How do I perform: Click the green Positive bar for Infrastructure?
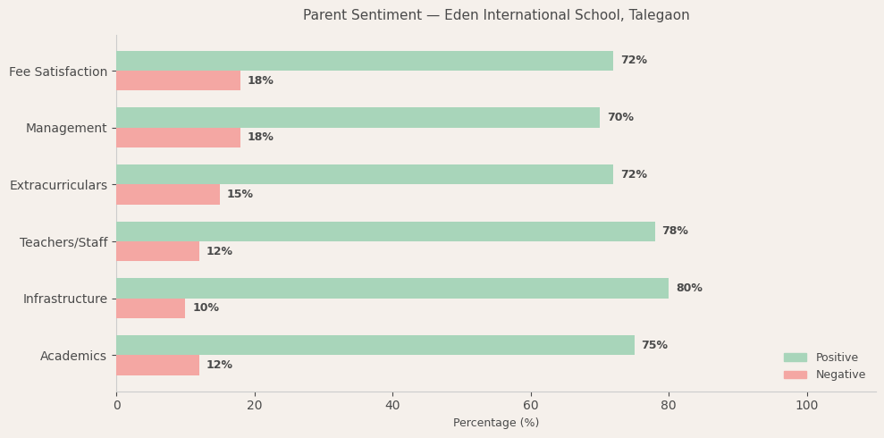pyautogui.click(x=392, y=288)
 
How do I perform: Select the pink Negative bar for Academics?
pyautogui.click(x=157, y=365)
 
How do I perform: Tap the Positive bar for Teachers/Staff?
pyautogui.click(x=385, y=232)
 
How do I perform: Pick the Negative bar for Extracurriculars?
pyautogui.click(x=168, y=194)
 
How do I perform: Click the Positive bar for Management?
pyautogui.click(x=358, y=117)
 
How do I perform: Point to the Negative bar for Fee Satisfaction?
pyautogui.click(x=178, y=80)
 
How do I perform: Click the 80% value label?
pyautogui.click(x=689, y=288)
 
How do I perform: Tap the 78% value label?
pyautogui.click(x=675, y=232)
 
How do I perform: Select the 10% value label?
pyautogui.click(x=206, y=307)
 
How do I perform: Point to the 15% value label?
pyautogui.click(x=240, y=194)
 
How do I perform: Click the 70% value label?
pyautogui.click(x=620, y=117)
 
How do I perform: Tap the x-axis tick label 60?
pyautogui.click(x=531, y=405)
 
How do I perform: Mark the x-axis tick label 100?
pyautogui.click(x=806, y=405)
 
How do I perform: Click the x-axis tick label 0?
pyautogui.click(x=116, y=405)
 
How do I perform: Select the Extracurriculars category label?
pyautogui.click(x=58, y=185)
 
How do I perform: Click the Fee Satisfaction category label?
pyautogui.click(x=58, y=72)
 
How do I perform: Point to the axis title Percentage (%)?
pyautogui.click(x=496, y=423)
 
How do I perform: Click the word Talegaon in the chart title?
pyautogui.click(x=660, y=15)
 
